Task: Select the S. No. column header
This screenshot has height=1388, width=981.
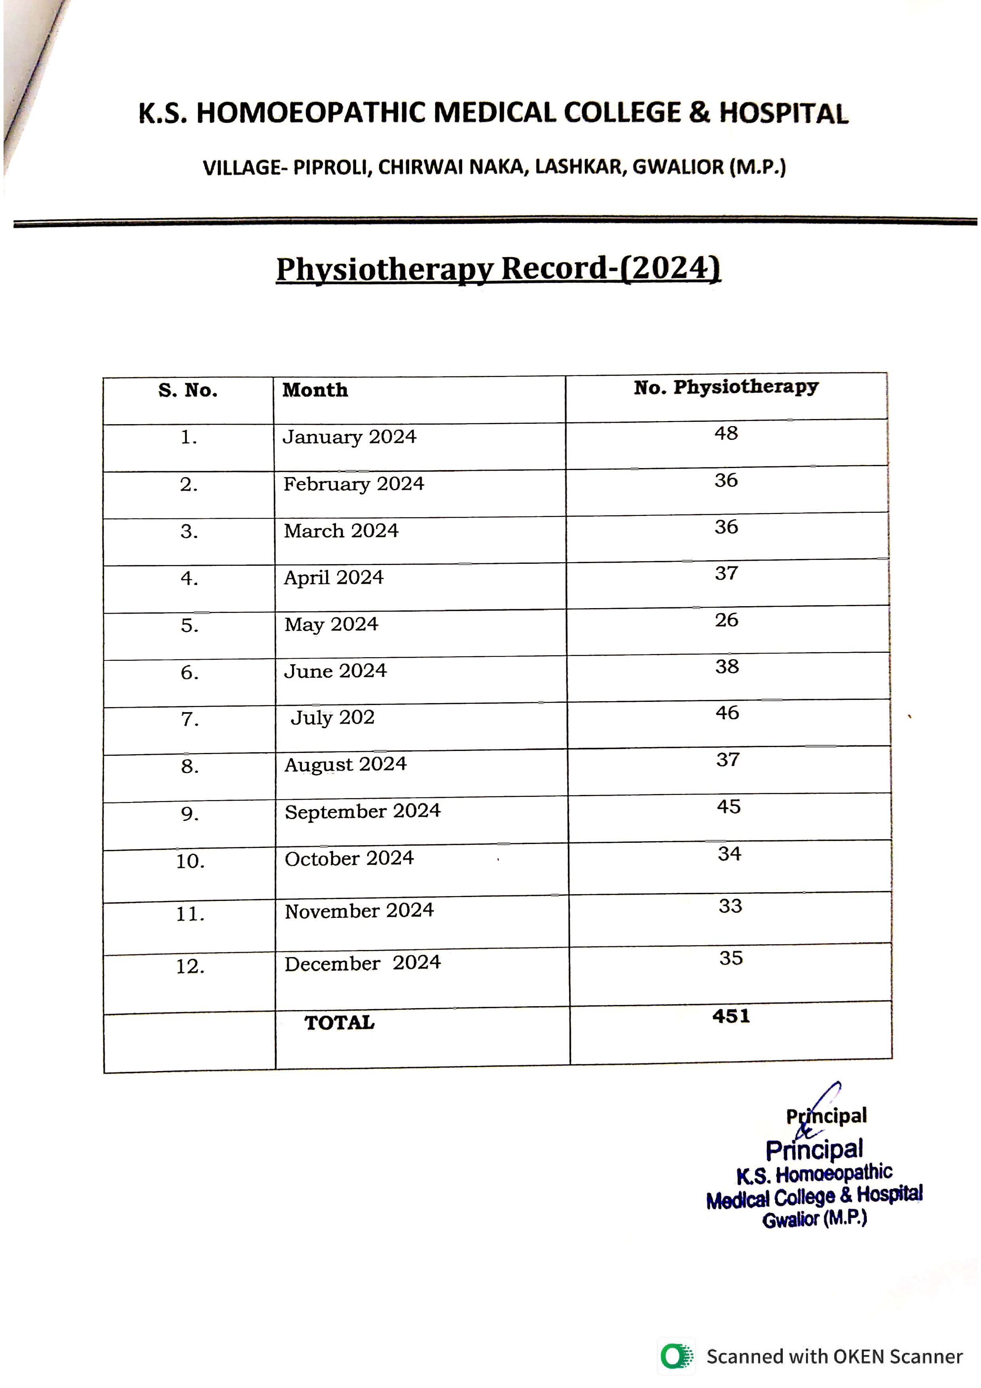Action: (x=188, y=391)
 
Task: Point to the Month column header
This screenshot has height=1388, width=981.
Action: (x=315, y=390)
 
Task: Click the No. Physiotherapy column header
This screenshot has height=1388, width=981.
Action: (x=726, y=387)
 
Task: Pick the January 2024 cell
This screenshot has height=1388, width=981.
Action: (x=349, y=436)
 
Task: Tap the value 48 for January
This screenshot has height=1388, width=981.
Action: (x=726, y=433)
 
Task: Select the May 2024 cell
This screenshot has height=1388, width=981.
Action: (x=331, y=624)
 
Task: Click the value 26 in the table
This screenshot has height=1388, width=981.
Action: (x=727, y=620)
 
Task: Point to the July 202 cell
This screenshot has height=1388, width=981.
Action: (x=332, y=718)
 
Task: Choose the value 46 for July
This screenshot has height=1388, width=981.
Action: (x=727, y=713)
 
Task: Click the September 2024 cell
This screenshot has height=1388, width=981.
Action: (x=362, y=811)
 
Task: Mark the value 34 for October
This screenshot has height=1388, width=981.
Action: (x=729, y=853)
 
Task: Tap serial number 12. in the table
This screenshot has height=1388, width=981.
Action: (x=190, y=967)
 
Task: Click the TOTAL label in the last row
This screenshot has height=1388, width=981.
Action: (x=339, y=1023)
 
